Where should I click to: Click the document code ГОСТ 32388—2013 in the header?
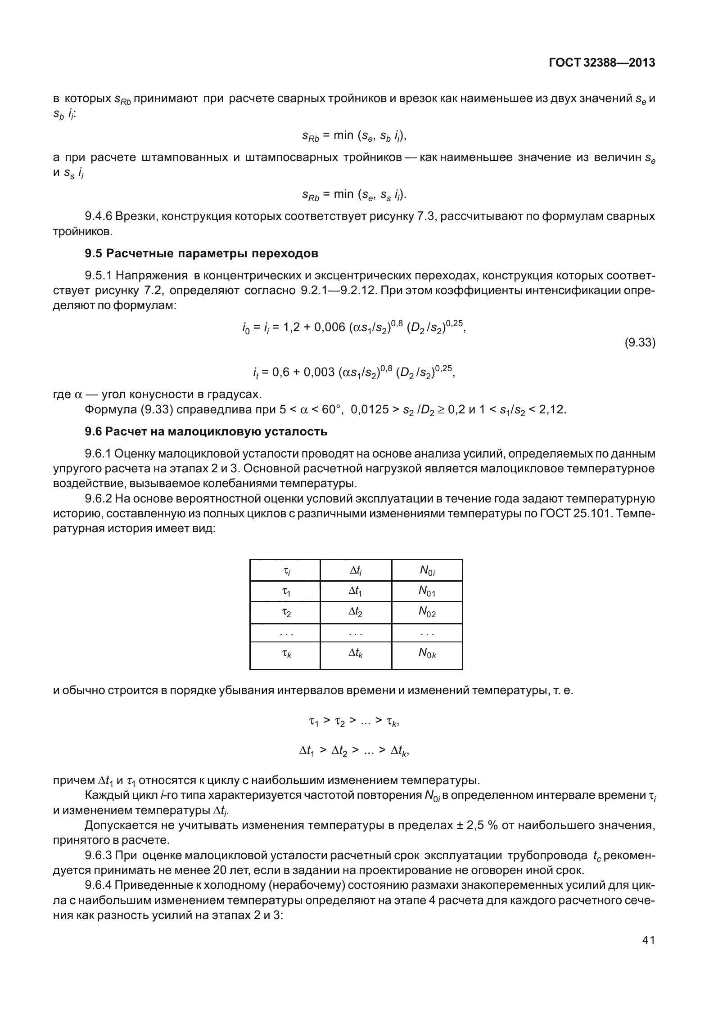click(x=602, y=63)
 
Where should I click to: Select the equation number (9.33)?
click(x=639, y=343)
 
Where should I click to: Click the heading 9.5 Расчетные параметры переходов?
click(x=201, y=253)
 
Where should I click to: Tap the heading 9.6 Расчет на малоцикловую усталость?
click(x=206, y=432)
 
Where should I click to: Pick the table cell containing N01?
click(x=427, y=592)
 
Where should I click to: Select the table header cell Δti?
click(x=356, y=570)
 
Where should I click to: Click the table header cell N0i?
click(x=427, y=570)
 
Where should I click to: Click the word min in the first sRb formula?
click(x=343, y=135)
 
